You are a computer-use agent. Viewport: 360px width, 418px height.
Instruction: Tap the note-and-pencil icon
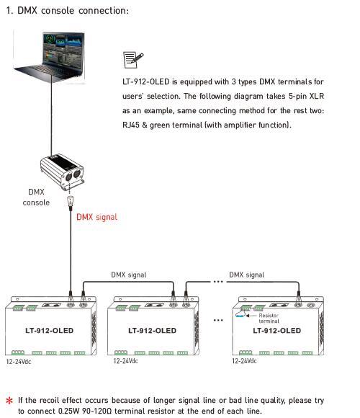coord(133,60)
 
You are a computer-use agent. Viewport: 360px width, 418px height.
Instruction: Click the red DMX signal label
coord(97,217)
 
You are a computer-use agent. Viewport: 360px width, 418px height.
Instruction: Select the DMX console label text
coord(36,197)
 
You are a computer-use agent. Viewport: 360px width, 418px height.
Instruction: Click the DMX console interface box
coord(63,172)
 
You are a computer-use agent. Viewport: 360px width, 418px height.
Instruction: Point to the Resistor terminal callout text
coord(269,319)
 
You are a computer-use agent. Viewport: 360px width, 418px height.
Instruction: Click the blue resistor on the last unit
coord(240,316)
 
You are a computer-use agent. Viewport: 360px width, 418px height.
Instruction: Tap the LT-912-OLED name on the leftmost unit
coord(49,331)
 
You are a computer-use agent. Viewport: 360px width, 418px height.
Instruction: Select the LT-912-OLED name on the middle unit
coord(153,331)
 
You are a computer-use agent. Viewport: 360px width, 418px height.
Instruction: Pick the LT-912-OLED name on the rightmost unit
coord(277,331)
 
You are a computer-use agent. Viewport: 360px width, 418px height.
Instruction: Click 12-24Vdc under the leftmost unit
coord(19,362)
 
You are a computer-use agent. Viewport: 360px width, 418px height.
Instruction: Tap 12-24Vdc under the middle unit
coord(126,361)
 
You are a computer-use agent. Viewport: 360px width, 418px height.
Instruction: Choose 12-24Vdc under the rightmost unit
coord(244,361)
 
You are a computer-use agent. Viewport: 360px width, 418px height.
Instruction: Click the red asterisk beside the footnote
coord(9,401)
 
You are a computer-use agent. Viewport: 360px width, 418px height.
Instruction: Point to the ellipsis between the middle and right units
coord(218,320)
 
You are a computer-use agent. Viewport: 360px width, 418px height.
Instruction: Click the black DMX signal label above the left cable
coord(129,275)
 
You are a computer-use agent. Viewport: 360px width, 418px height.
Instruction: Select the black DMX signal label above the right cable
coord(247,275)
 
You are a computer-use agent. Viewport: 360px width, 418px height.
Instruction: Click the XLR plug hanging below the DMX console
coord(71,202)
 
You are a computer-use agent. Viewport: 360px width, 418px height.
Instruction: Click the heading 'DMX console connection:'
coord(73,11)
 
